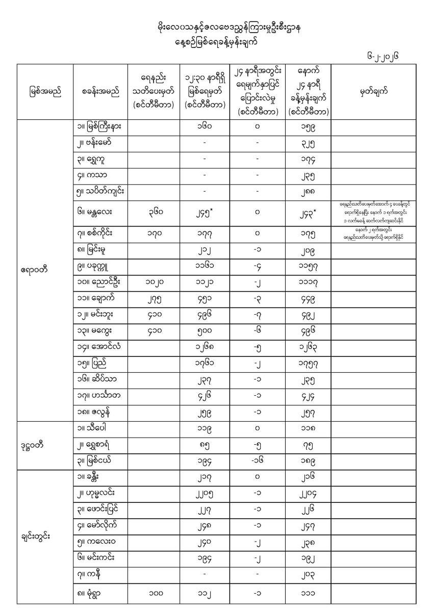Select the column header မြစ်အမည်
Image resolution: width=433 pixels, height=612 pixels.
(x=45, y=92)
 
